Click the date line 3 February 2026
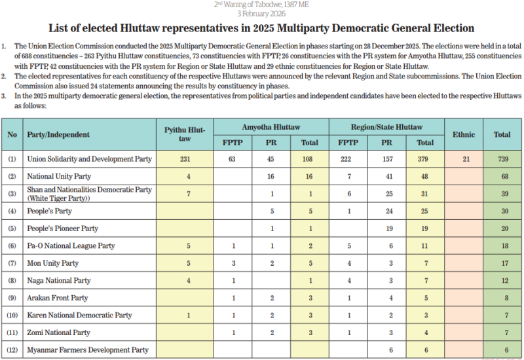pyautogui.click(x=261, y=13)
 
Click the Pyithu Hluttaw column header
pyautogui.click(x=185, y=134)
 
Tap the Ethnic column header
pyautogui.click(x=463, y=134)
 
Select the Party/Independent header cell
pyautogui.click(x=58, y=135)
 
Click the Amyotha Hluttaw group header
pyautogui.click(x=271, y=126)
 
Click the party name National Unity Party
pyautogui.click(x=59, y=176)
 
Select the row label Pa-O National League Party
pyautogui.click(x=71, y=245)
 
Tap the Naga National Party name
pyautogui.click(x=59, y=280)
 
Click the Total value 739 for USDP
pyautogui.click(x=502, y=159)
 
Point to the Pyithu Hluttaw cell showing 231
pyautogui.click(x=185, y=159)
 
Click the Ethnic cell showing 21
pyautogui.click(x=463, y=159)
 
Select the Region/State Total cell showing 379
pyautogui.click(x=425, y=159)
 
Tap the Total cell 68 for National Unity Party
pyautogui.click(x=502, y=176)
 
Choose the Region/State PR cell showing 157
pyautogui.click(x=386, y=159)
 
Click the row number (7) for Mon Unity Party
pyautogui.click(x=12, y=263)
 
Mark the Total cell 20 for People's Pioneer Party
pyautogui.click(x=502, y=228)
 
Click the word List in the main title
pyautogui.click(x=58, y=28)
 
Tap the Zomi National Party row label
pyautogui.click(x=59, y=333)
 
